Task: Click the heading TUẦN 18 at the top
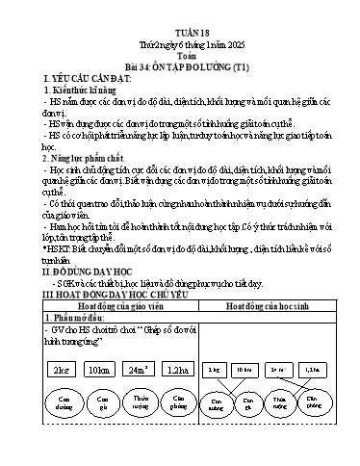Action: click(x=179, y=29)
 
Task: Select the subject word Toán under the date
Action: click(x=179, y=56)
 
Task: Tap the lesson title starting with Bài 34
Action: click(x=179, y=68)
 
